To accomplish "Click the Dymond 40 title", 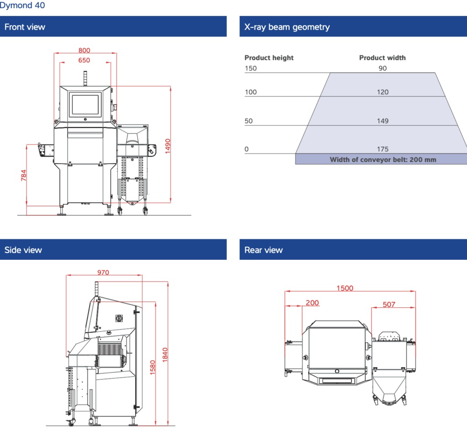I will pyautogui.click(x=23, y=6).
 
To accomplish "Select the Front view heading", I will pyautogui.click(x=25, y=27).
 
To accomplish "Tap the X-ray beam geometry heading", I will pyautogui.click(x=287, y=27).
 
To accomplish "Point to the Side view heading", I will pyautogui.click(x=23, y=250).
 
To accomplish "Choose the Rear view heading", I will pyautogui.click(x=264, y=250).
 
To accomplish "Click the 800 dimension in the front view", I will pyautogui.click(x=84, y=51).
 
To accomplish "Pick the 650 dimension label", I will pyautogui.click(x=84, y=60).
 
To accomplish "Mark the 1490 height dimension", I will pyautogui.click(x=168, y=146).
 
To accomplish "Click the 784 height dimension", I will pyautogui.click(x=24, y=176).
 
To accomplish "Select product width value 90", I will pyautogui.click(x=383, y=68).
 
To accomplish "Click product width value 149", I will pyautogui.click(x=383, y=121).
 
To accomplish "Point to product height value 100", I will pyautogui.click(x=251, y=92).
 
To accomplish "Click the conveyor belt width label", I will pyautogui.click(x=383, y=160).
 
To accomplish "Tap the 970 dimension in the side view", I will pyautogui.click(x=103, y=273).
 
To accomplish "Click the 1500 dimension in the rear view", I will pyautogui.click(x=345, y=288).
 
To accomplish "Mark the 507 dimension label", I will pyautogui.click(x=389, y=305).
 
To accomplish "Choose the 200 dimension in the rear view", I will pyautogui.click(x=312, y=303).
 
